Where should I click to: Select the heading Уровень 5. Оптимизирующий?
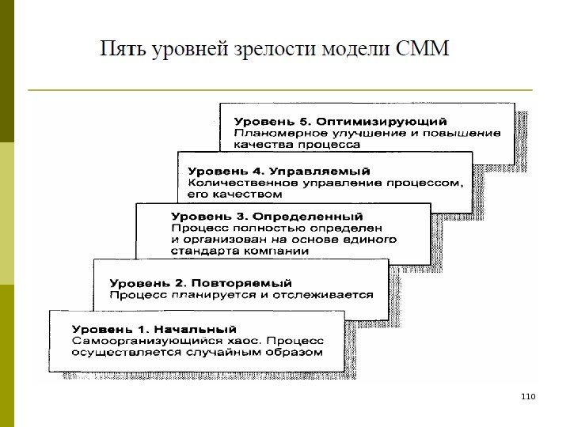(340, 122)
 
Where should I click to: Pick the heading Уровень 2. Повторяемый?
(200, 282)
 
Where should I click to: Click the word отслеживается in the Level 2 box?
(327, 295)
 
